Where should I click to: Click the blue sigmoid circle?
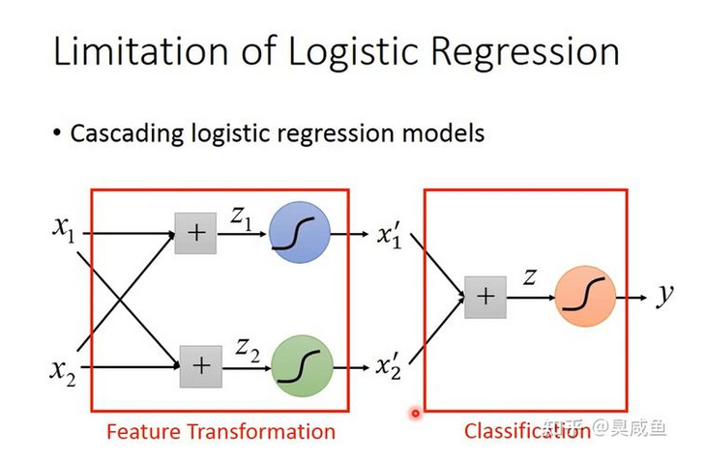[x=300, y=232]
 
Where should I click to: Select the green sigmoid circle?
[x=302, y=366]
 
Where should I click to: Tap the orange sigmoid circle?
[x=585, y=296]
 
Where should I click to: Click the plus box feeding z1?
[x=195, y=233]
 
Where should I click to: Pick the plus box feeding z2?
[x=201, y=366]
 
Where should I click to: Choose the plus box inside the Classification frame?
[x=485, y=297]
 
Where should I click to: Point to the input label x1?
[x=64, y=230]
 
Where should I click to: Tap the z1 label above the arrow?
[x=241, y=217]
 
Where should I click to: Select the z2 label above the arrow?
[x=248, y=351]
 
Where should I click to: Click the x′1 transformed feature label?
[x=389, y=235]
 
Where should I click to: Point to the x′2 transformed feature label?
[x=388, y=366]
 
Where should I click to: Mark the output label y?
[x=664, y=295]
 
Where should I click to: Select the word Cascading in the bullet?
[x=127, y=133]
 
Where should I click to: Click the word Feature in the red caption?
[x=144, y=431]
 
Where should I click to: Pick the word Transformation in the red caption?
[x=261, y=431]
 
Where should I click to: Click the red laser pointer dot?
[x=415, y=413]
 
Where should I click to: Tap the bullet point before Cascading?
[x=56, y=133]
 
